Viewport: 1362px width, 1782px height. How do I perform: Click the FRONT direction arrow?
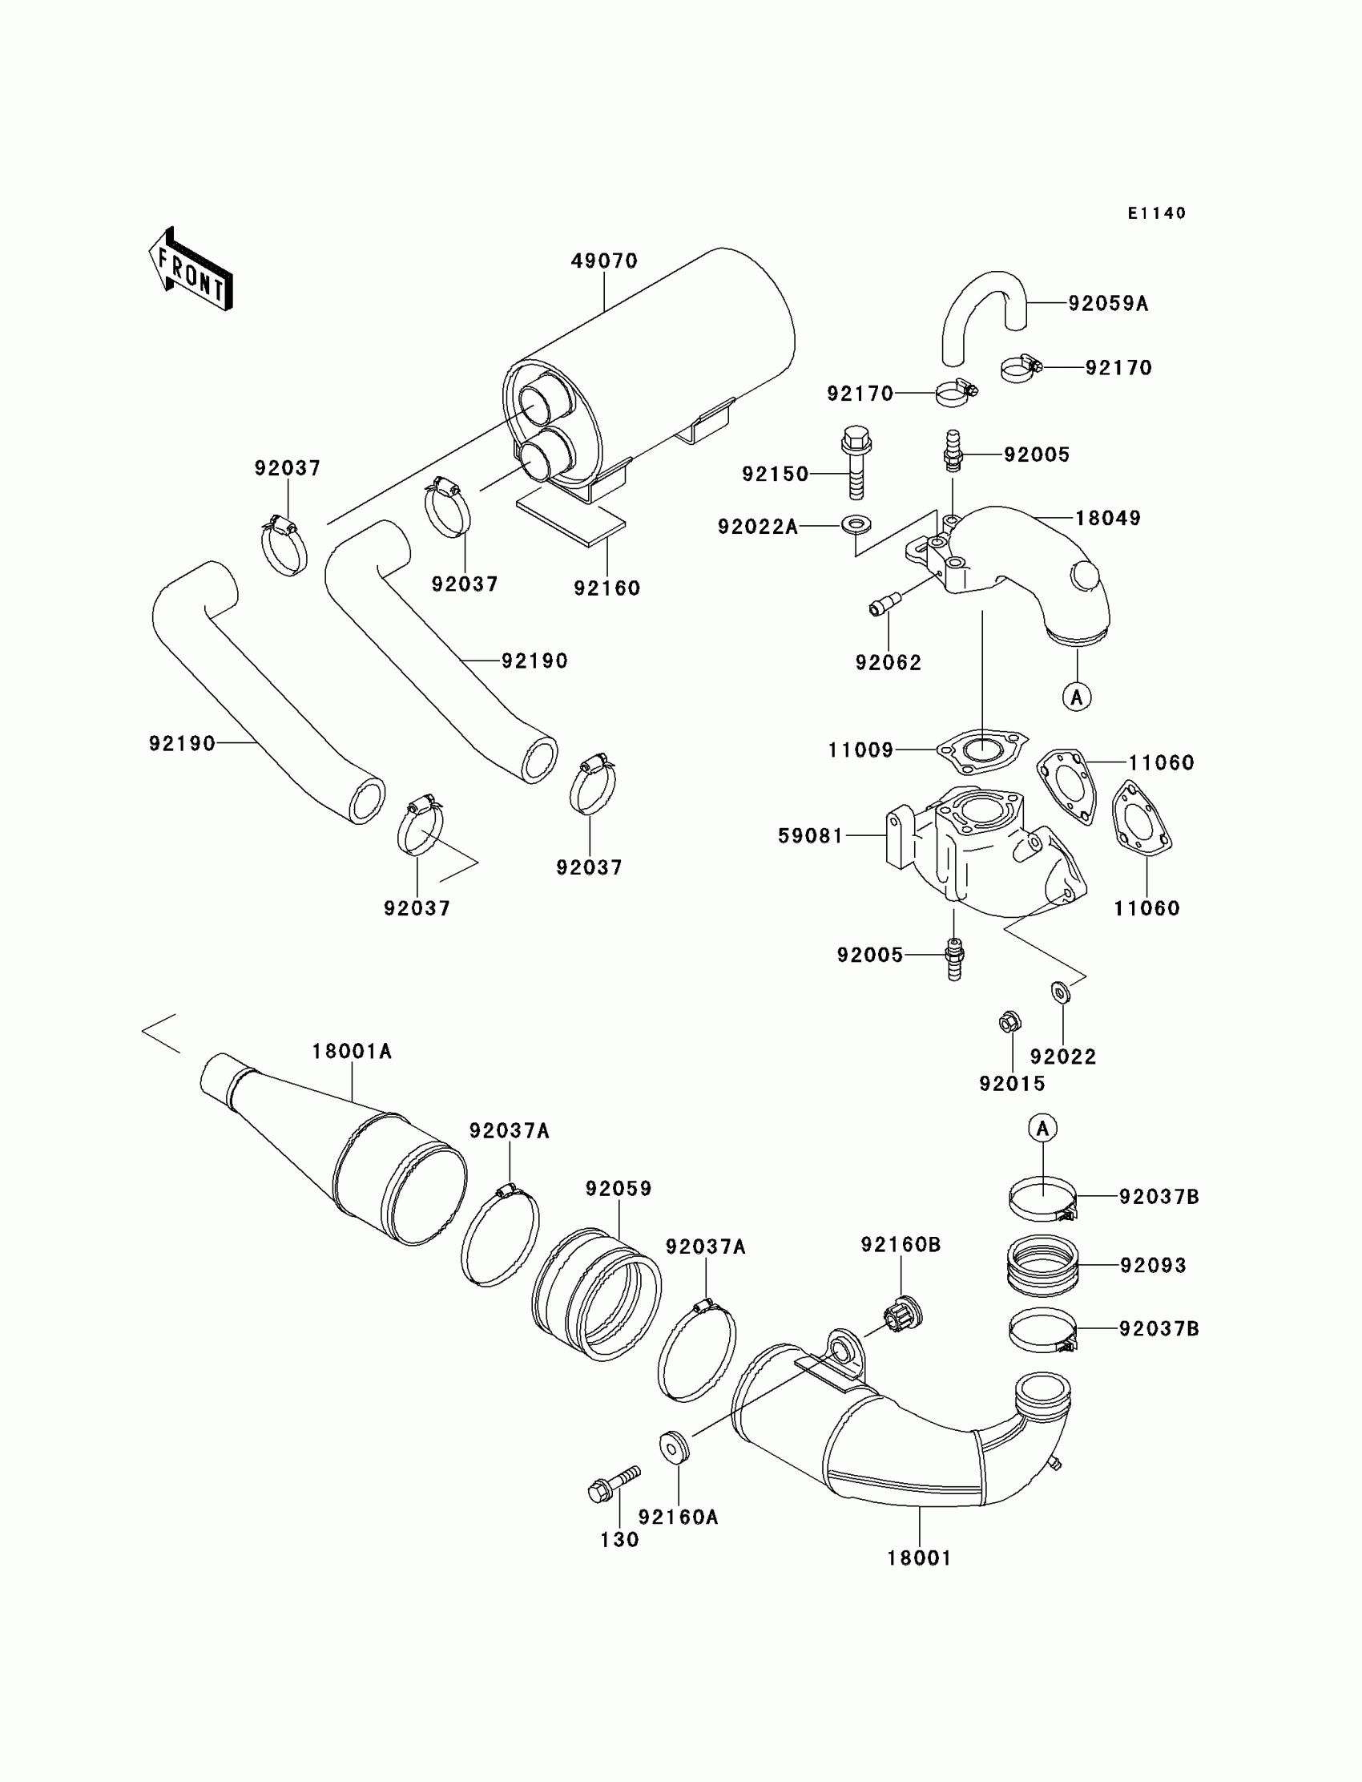(x=191, y=269)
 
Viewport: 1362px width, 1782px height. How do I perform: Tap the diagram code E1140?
(x=1156, y=213)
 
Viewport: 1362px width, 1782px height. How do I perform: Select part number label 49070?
(x=604, y=261)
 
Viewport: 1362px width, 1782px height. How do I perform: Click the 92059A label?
(x=1107, y=303)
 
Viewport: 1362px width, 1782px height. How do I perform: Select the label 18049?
(x=1107, y=518)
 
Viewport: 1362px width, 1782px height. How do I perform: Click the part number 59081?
(x=811, y=835)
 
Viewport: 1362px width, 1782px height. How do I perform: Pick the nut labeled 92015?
(x=1010, y=1022)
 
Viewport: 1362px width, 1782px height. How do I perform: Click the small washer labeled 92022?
(x=1060, y=991)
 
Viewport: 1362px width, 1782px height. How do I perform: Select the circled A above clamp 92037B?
(x=1042, y=1127)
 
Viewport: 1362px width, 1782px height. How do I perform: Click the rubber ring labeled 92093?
(x=1042, y=1265)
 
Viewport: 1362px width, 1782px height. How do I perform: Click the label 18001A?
(x=352, y=1051)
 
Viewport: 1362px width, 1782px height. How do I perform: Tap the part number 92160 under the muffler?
(x=606, y=588)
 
